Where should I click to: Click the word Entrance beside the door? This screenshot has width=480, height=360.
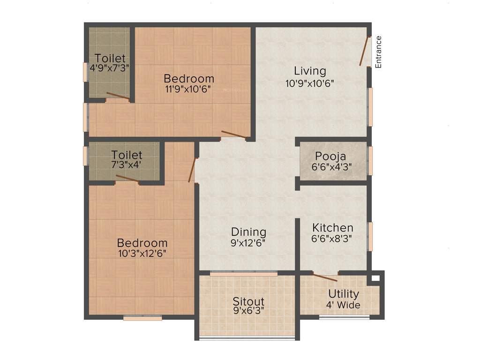(379, 52)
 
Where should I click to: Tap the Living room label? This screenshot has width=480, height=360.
(310, 71)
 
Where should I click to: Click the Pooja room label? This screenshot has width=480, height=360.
(330, 156)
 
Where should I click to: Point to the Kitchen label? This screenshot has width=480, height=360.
(333, 228)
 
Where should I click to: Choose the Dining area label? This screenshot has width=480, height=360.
(248, 232)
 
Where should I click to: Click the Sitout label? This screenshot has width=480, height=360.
(248, 301)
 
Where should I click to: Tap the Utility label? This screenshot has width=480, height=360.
(344, 294)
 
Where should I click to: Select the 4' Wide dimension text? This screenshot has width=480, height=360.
(344, 306)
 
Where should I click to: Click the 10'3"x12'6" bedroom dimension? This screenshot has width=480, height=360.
(142, 254)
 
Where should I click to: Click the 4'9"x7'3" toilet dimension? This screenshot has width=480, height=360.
(110, 67)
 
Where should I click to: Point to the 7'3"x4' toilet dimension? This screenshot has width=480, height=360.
(127, 165)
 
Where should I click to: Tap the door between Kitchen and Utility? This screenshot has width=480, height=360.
(325, 277)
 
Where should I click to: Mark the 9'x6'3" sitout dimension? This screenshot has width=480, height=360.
(248, 310)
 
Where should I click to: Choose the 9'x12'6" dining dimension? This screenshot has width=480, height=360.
(248, 243)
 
